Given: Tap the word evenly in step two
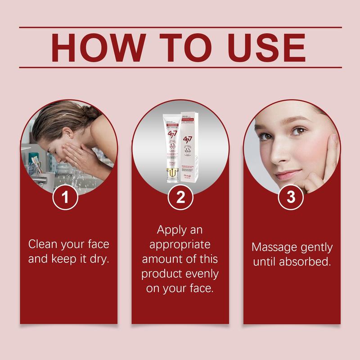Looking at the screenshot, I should point(199,274).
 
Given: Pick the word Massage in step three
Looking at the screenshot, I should point(273,247).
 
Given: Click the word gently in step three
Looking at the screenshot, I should point(316,247).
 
